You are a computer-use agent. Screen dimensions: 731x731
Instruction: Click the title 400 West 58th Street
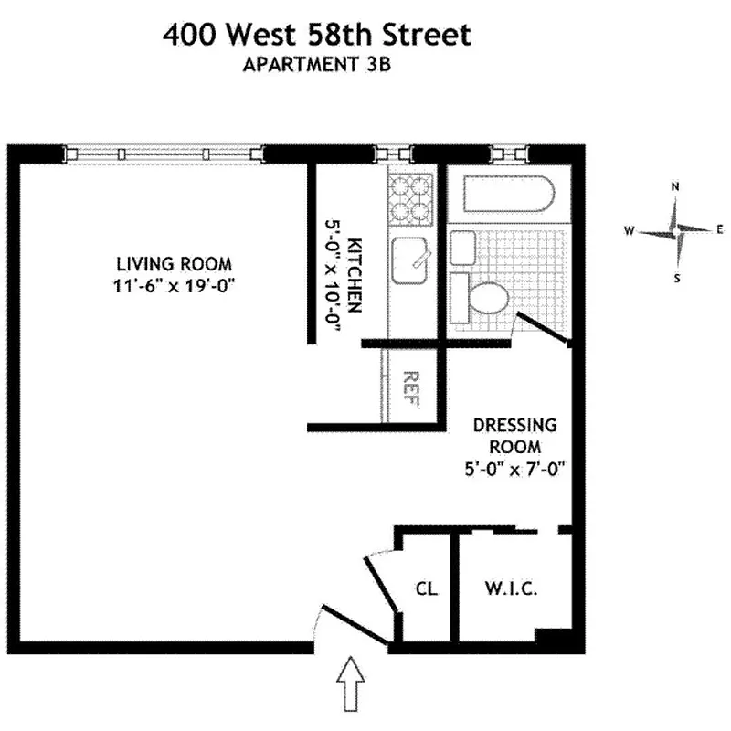[x=317, y=36]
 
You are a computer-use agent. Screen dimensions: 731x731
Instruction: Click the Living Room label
[x=174, y=264]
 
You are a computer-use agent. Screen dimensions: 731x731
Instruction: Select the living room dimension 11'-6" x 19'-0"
[x=174, y=284]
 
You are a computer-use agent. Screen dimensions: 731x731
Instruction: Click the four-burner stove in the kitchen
[x=409, y=199]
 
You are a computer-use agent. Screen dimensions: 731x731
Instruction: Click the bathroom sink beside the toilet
[x=462, y=249]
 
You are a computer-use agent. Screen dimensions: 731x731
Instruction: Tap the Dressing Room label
[x=514, y=436]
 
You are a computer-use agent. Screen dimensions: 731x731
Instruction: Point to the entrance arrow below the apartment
[x=352, y=685]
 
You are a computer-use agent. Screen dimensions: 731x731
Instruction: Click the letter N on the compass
[x=675, y=187]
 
